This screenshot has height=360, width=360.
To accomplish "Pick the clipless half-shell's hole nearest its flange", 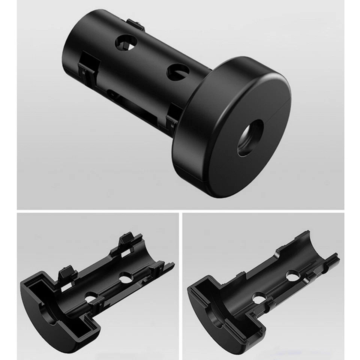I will tap(257, 298).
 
